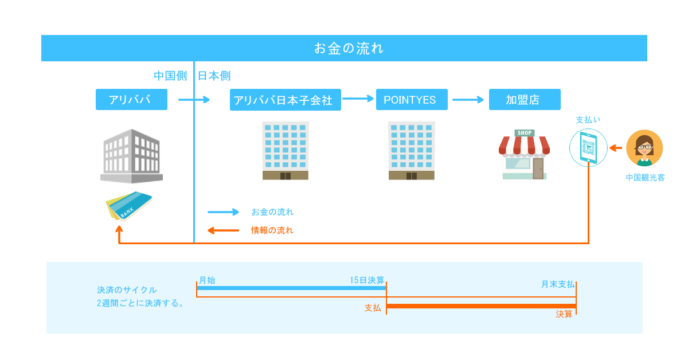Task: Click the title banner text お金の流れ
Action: tap(349, 48)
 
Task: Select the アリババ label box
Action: tap(131, 100)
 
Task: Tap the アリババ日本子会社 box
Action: tap(286, 100)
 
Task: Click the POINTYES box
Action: tap(412, 100)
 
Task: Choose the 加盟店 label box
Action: tap(525, 100)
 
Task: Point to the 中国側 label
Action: tap(170, 76)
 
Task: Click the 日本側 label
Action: tap(214, 76)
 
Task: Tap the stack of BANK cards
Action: tap(128, 206)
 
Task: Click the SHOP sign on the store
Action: tap(524, 132)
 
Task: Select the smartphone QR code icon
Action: tap(588, 148)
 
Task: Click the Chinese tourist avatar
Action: tap(644, 148)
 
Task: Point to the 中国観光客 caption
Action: tap(646, 178)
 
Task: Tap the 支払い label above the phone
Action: tap(588, 119)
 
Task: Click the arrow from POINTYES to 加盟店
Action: tap(468, 100)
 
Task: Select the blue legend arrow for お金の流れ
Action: tap(223, 212)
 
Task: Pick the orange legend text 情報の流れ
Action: tap(272, 230)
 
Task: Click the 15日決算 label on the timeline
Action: tap(367, 280)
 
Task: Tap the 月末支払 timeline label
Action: tap(558, 284)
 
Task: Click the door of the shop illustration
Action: tap(538, 169)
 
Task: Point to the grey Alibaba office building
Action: tap(131, 156)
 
